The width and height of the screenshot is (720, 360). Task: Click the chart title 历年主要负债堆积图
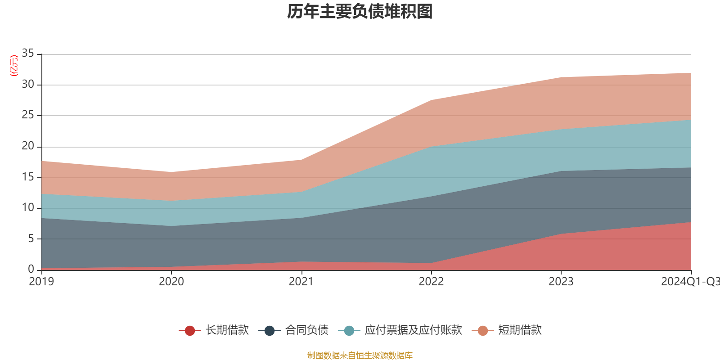360,12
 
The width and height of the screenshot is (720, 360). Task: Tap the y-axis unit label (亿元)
14,66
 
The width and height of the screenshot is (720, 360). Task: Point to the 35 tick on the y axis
28,54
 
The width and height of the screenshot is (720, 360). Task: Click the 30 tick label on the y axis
28,84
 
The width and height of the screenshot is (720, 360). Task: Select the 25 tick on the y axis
28,115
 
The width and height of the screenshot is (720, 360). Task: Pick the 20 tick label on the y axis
28,146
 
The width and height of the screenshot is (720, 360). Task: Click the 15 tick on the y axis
28,177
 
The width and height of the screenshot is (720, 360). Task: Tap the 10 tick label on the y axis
28,207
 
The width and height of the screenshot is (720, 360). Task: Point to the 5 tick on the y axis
31,238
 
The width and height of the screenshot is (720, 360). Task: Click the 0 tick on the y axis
31,269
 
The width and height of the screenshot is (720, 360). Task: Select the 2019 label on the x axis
41,282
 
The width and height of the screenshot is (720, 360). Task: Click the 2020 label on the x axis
171,282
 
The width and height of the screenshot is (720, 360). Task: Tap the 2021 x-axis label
301,282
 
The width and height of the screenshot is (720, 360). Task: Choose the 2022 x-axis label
431,282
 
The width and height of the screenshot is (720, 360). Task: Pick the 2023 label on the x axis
561,282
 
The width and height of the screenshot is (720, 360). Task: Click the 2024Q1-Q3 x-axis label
690,282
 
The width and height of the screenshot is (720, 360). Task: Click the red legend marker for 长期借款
190,331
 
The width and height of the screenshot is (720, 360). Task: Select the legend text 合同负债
307,330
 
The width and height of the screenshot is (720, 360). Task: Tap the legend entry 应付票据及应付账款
413,330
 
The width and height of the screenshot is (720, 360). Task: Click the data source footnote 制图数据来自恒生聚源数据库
360,355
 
